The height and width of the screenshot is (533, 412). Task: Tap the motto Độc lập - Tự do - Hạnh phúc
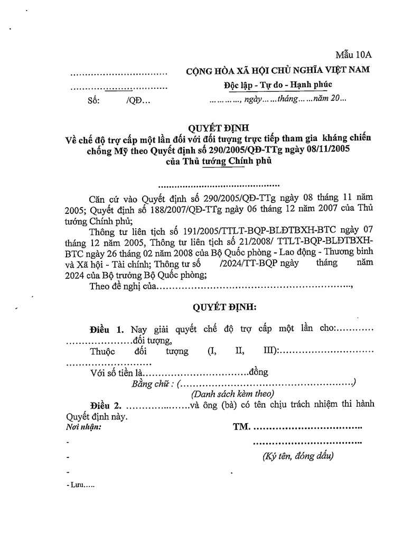(x=277, y=85)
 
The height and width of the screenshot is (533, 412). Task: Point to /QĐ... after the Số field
(x=138, y=100)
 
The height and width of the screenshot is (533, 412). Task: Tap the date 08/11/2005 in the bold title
(x=326, y=149)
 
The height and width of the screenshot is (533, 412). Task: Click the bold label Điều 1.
(x=106, y=329)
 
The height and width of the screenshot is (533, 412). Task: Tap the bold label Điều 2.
(x=106, y=405)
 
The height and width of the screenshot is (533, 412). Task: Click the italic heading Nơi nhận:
(x=85, y=426)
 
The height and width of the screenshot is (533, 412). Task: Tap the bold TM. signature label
(x=241, y=426)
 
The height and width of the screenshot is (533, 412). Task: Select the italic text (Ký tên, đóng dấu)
(x=298, y=456)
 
